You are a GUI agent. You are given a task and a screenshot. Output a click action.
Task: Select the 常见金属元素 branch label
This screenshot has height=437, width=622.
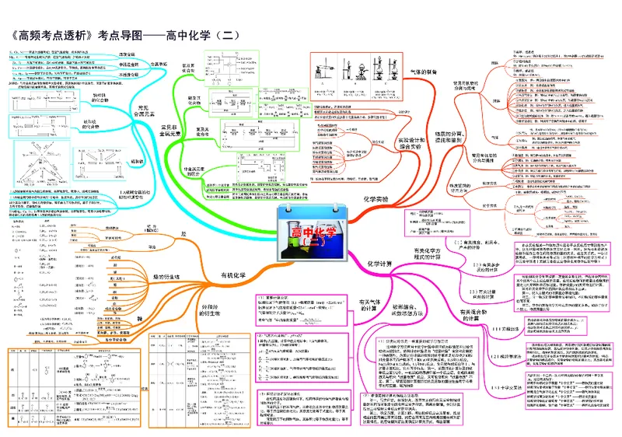coord(138,112)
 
